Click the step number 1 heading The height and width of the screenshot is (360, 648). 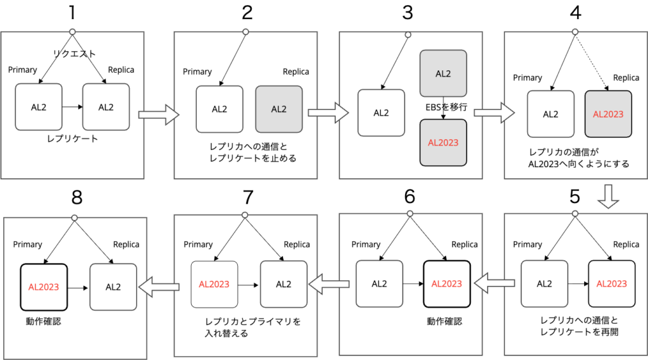point(72,13)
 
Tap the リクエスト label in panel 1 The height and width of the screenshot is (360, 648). point(75,53)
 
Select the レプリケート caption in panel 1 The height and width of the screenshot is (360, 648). point(72,139)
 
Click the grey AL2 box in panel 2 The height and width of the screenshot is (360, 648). point(279,109)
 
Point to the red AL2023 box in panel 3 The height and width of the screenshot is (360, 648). point(443,142)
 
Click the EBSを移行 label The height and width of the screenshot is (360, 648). point(446,107)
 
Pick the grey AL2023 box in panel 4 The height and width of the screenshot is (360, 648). point(608,114)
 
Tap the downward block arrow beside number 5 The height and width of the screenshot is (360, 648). point(608,196)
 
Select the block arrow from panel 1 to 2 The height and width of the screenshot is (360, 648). point(159,115)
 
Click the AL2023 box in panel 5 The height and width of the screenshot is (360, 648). point(612,283)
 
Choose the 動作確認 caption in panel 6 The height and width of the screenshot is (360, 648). point(444,321)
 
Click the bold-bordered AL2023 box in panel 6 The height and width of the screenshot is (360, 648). point(447,283)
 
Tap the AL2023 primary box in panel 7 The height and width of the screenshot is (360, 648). point(214,284)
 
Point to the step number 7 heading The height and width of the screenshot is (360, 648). point(247,197)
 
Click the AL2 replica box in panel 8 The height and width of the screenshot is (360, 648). point(113,287)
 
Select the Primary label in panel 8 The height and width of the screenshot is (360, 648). point(28,244)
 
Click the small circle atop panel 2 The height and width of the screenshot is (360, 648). point(246,32)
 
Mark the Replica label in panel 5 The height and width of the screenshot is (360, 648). point(626,244)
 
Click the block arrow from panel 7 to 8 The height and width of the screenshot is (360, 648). point(159,287)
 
